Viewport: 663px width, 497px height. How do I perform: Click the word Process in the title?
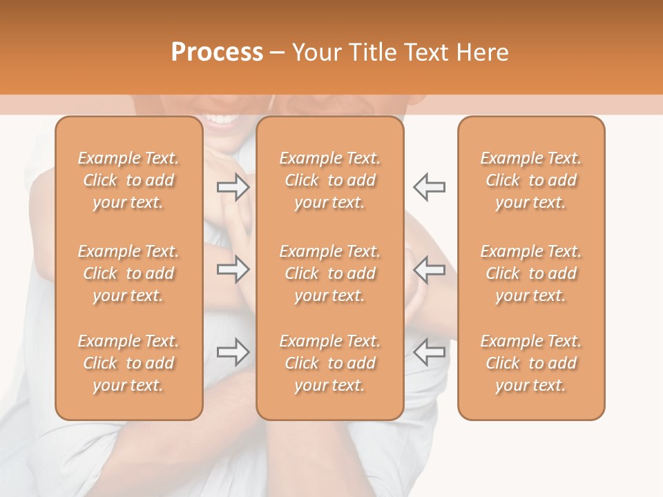pos(217,52)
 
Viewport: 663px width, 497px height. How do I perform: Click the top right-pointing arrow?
pos(233,186)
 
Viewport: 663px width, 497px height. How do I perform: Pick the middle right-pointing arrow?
pos(233,269)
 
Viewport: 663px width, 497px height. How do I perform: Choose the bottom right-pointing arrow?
pos(233,352)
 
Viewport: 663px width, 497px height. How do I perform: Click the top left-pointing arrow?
pos(430,186)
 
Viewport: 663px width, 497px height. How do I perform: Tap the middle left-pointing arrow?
pos(430,269)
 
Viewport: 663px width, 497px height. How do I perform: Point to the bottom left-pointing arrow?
pos(430,352)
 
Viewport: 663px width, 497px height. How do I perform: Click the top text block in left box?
pos(128,180)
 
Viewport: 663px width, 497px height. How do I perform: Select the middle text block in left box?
pos(128,273)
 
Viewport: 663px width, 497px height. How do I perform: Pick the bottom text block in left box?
pos(128,363)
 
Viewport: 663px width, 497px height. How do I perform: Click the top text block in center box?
pos(330,180)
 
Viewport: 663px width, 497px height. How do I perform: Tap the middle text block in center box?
pos(330,273)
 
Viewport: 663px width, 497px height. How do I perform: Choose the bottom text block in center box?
pos(330,363)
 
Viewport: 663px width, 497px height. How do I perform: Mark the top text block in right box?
pos(531,180)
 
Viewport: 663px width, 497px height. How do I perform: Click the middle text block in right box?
pos(531,273)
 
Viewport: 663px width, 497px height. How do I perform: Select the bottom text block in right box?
pos(531,363)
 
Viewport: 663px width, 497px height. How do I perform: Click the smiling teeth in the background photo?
pos(221,120)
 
